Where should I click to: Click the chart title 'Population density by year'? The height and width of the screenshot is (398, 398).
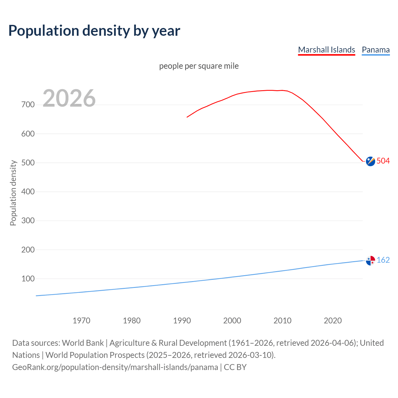coord(94,31)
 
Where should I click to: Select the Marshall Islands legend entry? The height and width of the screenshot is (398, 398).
coord(326,50)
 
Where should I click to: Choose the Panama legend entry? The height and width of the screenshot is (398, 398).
coord(376,50)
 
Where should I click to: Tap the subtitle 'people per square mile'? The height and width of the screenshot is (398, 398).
coord(199,66)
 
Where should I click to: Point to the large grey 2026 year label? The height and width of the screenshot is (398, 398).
coord(69,98)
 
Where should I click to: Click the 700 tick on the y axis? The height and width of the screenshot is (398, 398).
coord(28,104)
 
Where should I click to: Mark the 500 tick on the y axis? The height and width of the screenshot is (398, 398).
coord(28,163)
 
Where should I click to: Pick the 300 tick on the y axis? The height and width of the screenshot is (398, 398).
coord(28,220)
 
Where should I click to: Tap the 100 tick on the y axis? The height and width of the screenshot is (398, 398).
coord(28,279)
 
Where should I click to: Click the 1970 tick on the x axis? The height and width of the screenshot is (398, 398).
coord(81,321)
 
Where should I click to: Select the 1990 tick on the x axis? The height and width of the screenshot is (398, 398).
coord(182,321)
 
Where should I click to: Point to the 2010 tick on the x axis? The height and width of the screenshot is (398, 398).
coord(282,321)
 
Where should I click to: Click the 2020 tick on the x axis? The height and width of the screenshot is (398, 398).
coord(333,321)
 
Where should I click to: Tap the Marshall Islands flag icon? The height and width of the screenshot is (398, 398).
coord(370,161)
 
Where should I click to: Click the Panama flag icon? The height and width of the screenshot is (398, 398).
coord(370,261)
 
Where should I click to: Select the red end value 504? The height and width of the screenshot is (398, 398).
coord(383,161)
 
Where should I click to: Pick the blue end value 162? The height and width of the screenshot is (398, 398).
coord(383,260)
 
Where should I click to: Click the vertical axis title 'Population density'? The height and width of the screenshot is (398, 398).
coord(13,193)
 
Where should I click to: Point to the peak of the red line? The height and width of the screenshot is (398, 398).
coord(271,90)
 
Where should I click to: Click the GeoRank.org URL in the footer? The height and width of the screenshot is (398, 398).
coord(115,367)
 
